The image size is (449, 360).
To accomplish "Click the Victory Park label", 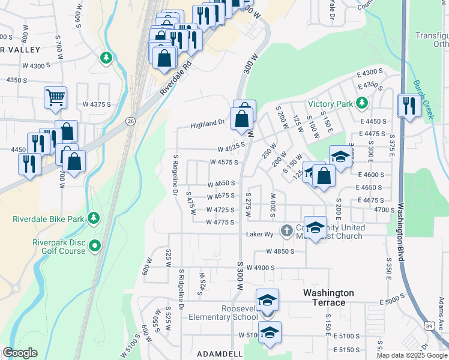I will [330, 104].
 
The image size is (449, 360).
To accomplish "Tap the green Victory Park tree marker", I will [361, 104].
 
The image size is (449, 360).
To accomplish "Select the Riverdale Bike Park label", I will [49, 219].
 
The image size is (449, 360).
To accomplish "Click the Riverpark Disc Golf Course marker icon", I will [94, 245].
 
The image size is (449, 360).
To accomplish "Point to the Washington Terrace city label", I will [328, 298].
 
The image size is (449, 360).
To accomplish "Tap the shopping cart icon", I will [55, 97].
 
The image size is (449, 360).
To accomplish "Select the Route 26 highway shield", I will [130, 121].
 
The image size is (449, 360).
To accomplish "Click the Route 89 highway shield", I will [428, 325].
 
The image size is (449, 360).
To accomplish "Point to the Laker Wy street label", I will [260, 234].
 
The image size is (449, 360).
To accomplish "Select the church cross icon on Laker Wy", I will [287, 230].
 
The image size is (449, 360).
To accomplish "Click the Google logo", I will [20, 353].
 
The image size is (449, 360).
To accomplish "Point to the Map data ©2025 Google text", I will [412, 355].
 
